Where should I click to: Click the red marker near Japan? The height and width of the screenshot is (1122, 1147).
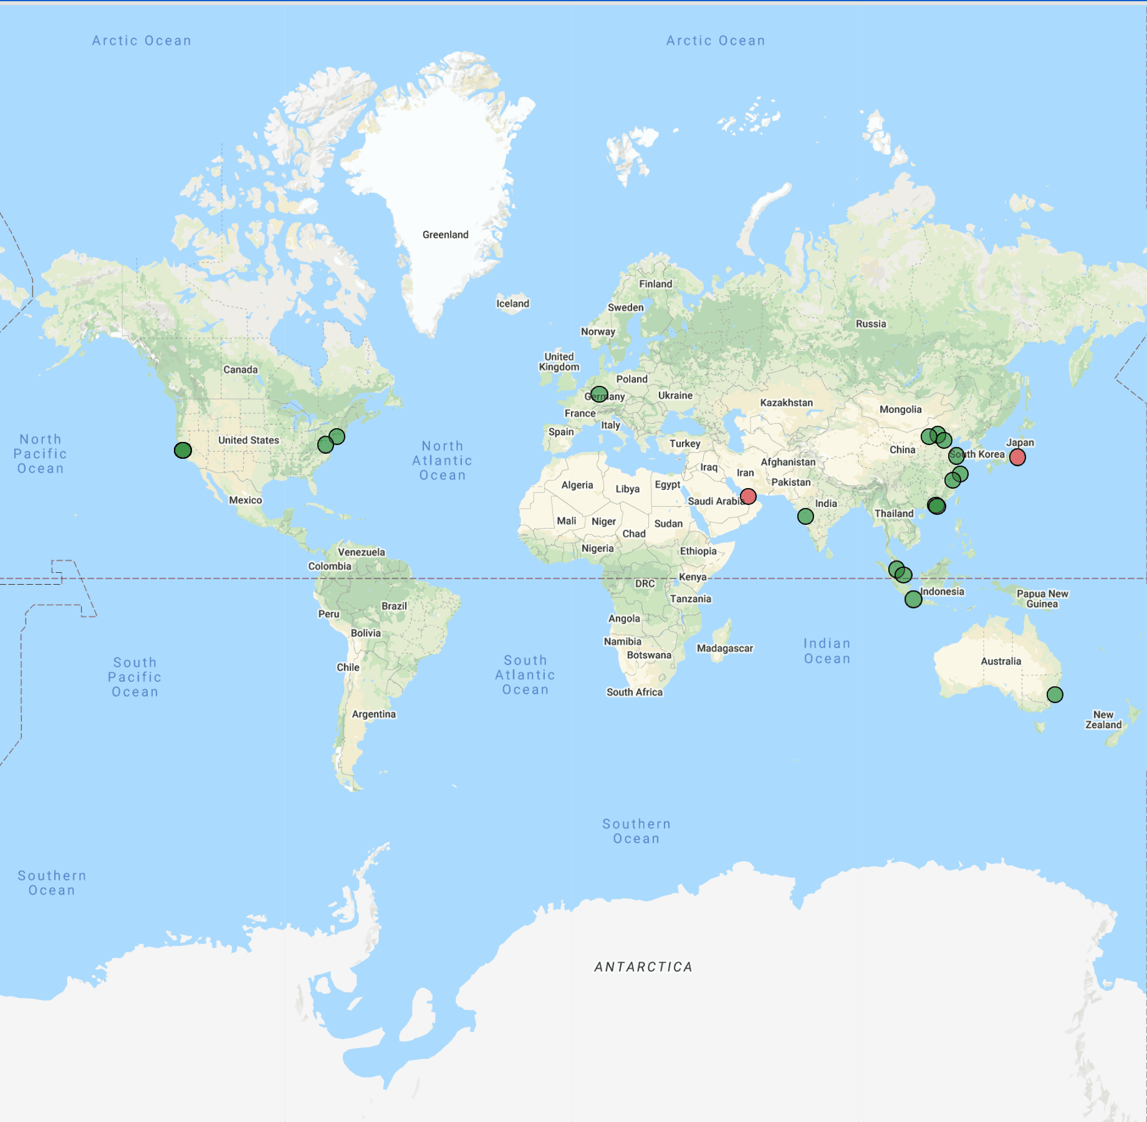pos(1017,458)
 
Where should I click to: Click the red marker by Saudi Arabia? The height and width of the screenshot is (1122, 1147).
pos(748,496)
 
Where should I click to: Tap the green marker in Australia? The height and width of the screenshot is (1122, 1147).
pos(1055,694)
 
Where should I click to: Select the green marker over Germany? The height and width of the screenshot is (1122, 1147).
pos(598,395)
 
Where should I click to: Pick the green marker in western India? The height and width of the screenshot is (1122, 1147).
pos(805,516)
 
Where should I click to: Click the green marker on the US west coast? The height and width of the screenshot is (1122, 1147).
pos(183,450)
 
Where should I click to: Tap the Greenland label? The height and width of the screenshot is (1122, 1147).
pos(445,235)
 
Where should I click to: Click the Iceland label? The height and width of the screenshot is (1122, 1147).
pos(512,304)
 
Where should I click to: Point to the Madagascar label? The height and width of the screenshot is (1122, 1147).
pos(724,648)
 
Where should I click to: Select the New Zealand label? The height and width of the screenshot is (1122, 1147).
pos(1103,720)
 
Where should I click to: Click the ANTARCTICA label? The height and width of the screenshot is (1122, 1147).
pos(643,967)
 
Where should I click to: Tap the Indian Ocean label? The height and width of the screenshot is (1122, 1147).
pos(827,651)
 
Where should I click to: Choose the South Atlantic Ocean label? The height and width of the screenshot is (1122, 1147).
pos(525,675)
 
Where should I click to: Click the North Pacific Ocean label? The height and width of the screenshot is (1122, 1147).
pos(41,454)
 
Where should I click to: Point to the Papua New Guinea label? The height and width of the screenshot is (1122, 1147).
pos(1042,599)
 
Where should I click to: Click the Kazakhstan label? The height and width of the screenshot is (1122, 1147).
pos(786,403)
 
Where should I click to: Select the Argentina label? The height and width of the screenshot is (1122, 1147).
pos(373,714)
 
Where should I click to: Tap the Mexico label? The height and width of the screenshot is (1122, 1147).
pos(245,500)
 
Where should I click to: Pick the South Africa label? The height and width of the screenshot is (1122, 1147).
pos(635,692)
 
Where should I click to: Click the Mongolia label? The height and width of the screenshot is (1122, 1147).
pos(900,410)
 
